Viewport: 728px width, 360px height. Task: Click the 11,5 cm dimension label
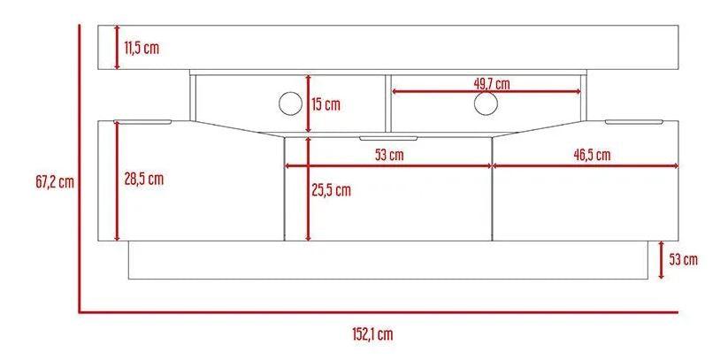point(142,48)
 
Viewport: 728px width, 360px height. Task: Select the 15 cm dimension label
point(326,104)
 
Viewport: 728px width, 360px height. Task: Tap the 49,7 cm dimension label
point(491,84)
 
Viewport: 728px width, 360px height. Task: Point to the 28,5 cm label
point(143,179)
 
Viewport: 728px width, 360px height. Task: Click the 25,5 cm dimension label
point(332,189)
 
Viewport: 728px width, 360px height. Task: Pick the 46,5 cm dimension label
point(592,155)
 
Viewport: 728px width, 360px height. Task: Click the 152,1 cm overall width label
point(372,334)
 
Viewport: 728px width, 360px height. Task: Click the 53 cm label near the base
point(683,259)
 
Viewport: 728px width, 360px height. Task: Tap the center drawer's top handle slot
point(388,138)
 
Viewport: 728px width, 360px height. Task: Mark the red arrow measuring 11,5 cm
point(117,48)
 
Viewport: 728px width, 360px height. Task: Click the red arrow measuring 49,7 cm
point(486,91)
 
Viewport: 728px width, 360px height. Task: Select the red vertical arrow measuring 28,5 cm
point(117,181)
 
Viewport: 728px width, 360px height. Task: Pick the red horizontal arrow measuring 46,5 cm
point(585,165)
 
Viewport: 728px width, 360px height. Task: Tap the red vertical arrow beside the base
point(660,259)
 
